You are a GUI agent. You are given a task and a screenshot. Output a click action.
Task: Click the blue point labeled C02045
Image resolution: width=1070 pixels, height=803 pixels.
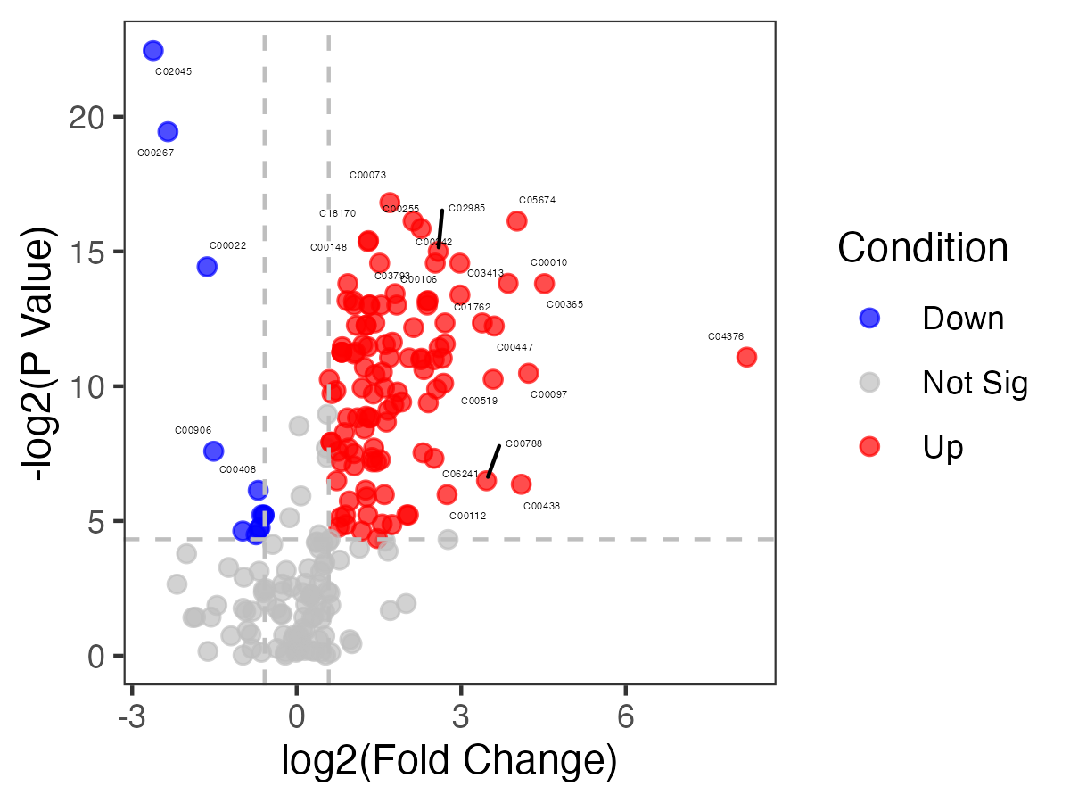153,51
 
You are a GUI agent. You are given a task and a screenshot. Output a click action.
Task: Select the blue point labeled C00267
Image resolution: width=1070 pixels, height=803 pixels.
168,132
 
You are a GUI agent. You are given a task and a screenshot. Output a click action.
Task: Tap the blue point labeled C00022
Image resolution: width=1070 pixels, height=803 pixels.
207,266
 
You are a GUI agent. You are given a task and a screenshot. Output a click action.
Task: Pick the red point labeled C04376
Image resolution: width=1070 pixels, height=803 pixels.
746,357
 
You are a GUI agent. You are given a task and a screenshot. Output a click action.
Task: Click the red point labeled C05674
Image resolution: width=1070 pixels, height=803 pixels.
517,221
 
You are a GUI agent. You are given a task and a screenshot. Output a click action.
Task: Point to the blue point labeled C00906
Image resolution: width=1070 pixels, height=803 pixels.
213,451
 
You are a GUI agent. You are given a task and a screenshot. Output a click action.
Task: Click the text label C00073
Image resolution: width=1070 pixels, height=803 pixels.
367,175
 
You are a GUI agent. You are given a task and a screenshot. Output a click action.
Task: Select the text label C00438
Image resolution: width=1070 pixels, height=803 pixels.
541,506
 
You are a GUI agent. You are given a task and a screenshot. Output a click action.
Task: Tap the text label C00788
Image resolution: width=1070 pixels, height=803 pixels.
523,443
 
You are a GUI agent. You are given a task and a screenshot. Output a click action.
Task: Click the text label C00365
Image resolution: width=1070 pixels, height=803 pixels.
564,304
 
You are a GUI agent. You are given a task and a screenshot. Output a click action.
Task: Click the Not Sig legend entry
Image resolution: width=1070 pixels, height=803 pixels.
975,383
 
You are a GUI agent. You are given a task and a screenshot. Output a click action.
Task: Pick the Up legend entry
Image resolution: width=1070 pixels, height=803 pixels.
943,447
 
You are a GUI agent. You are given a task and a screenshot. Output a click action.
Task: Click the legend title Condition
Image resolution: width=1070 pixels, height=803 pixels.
923,247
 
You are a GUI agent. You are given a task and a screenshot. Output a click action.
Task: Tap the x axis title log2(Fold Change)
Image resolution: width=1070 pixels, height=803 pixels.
449,760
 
